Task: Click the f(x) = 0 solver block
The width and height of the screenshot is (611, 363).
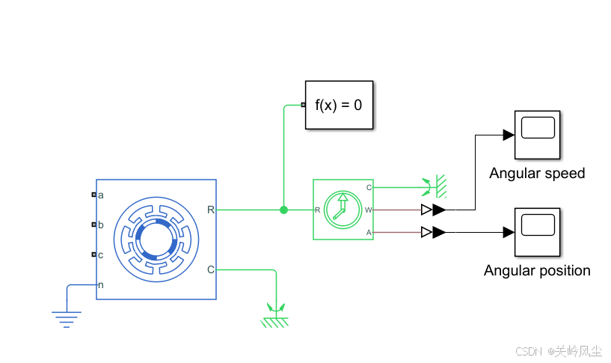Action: tap(339, 105)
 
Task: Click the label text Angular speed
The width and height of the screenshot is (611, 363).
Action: tap(537, 174)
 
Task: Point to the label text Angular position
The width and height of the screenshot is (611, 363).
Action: tap(537, 271)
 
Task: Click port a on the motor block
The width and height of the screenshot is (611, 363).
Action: tap(94, 195)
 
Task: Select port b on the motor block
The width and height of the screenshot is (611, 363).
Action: tap(94, 224)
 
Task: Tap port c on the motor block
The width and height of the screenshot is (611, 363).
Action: tap(94, 254)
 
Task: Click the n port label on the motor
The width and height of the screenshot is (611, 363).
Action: tap(100, 284)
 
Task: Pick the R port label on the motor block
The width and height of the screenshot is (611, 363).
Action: tap(210, 210)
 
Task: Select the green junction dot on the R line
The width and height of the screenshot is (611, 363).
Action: tap(283, 210)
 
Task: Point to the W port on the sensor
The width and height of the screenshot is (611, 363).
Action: tap(368, 210)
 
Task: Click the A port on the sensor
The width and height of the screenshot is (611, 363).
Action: tap(368, 233)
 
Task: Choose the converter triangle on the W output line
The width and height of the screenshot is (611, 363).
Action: tap(433, 210)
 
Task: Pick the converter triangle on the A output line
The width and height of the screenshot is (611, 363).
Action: tap(433, 233)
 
